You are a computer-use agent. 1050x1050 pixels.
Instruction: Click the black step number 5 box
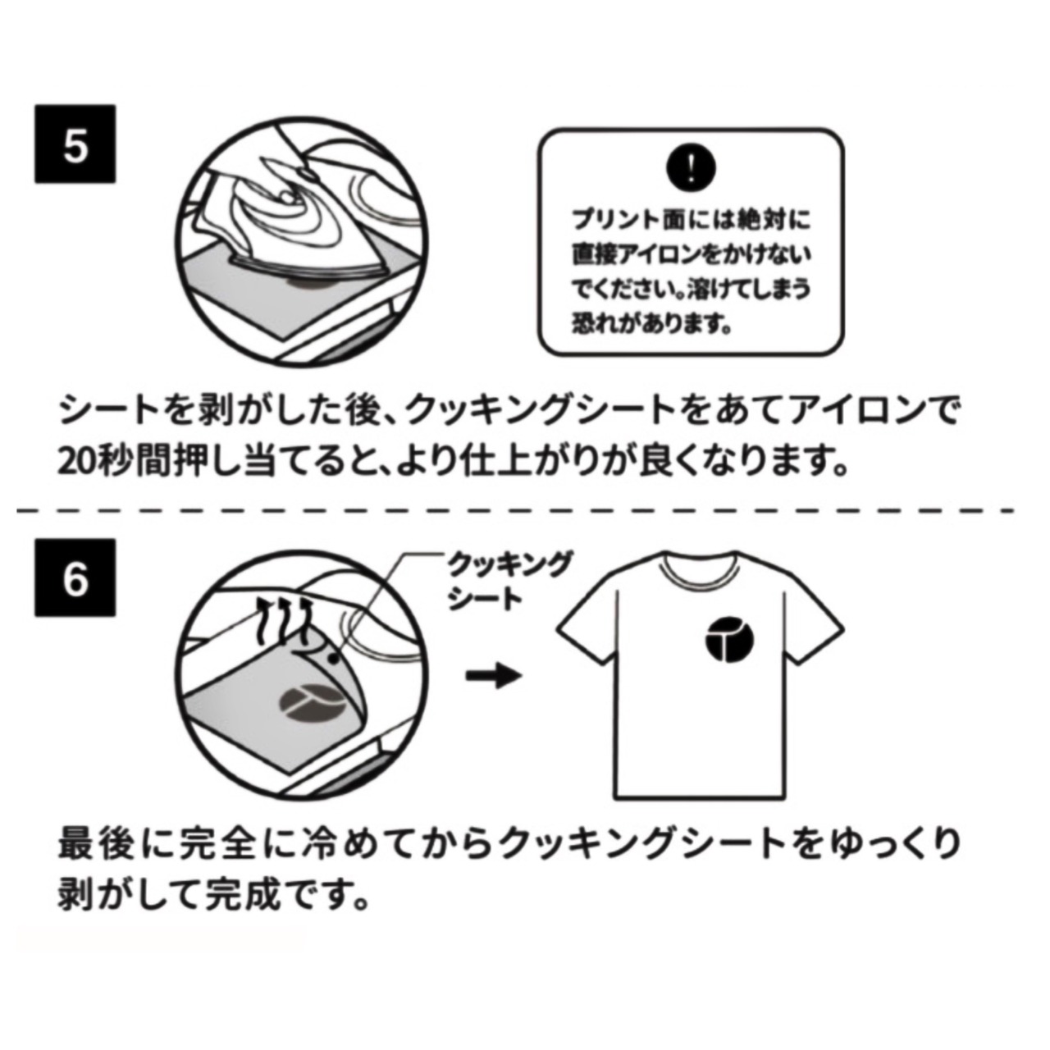75,144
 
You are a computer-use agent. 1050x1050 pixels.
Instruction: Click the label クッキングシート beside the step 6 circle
509,580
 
